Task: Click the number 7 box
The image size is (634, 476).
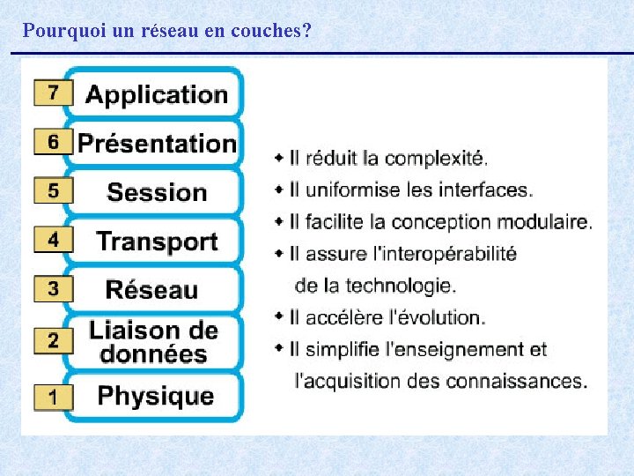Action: coord(53,93)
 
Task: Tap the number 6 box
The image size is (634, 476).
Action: coord(53,142)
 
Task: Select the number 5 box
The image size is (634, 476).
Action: coord(53,191)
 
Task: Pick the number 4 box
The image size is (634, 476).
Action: coord(53,241)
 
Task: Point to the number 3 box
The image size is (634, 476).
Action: coord(53,289)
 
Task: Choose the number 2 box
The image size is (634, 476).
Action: coord(53,340)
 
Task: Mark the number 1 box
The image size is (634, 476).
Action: coord(53,397)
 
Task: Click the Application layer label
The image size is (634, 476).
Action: coord(156,95)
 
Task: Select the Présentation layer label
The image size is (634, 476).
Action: coord(157,143)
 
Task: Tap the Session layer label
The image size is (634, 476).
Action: coord(157,192)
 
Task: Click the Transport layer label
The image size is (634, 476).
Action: coord(157,241)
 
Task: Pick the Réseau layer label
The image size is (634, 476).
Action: coord(151,289)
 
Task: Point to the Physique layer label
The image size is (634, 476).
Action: coord(156,396)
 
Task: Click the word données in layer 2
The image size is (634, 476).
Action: coord(153,354)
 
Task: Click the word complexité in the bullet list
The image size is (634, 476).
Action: coord(436,159)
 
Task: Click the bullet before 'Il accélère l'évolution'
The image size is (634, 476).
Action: coord(279,316)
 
